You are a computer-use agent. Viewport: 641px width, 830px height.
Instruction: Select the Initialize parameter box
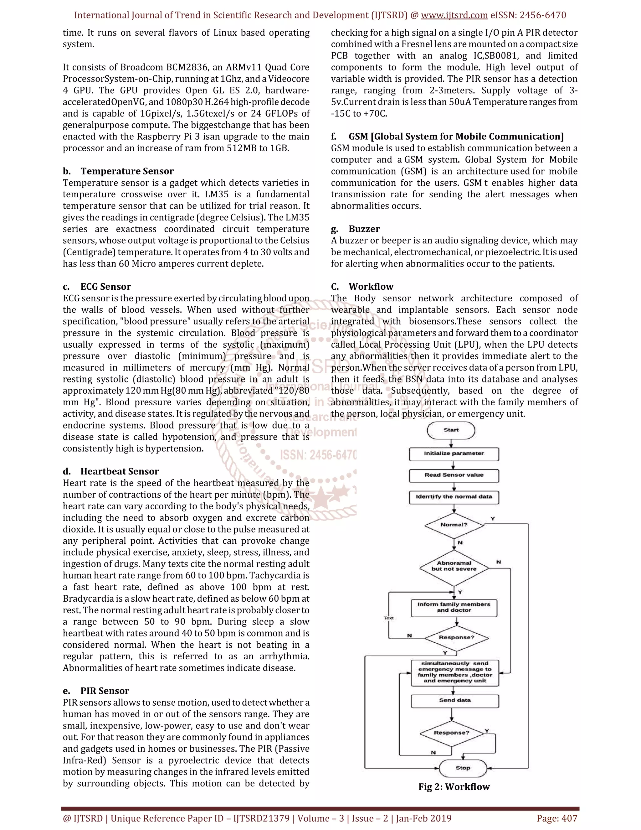[x=454, y=454]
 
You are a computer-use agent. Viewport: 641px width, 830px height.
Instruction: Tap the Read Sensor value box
[x=454, y=475]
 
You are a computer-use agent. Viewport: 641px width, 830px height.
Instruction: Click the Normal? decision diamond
[x=454, y=525]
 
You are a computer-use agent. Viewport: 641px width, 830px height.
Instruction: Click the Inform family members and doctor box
[x=454, y=607]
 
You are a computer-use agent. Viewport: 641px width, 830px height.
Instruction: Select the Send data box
[x=454, y=700]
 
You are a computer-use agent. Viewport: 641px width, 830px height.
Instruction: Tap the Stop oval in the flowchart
[x=463, y=768]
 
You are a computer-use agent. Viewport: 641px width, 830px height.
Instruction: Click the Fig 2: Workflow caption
[x=454, y=787]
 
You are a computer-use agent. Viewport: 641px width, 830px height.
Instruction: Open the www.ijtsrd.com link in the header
[x=454, y=15]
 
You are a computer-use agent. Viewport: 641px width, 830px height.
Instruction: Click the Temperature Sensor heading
[x=127, y=171]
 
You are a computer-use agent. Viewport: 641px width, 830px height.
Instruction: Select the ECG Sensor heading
[x=105, y=287]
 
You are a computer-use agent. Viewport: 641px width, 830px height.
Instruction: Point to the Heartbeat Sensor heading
[x=119, y=471]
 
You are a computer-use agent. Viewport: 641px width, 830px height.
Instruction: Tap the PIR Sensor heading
[x=105, y=691]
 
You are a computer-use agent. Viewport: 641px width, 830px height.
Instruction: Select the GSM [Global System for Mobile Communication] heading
[x=456, y=137]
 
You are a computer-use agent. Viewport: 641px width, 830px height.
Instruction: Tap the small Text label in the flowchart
[x=388, y=618]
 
